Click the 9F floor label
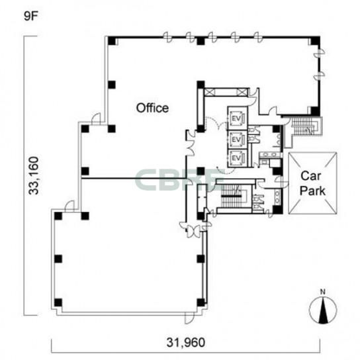tap(30, 16)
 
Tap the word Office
tap(152, 108)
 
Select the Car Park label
tap(312, 183)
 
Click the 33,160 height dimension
tap(34, 175)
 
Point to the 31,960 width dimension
tap(186, 343)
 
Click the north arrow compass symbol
tap(323, 310)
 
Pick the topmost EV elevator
tap(236, 119)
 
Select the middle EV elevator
tap(236, 140)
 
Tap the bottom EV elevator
tap(236, 158)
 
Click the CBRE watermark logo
tap(177, 179)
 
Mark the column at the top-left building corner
tap(112, 41)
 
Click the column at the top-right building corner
tap(315, 40)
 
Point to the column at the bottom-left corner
tap(58, 302)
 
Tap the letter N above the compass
tap(323, 292)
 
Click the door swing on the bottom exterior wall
tap(189, 319)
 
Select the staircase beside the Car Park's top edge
tap(304, 126)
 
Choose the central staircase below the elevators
tap(232, 197)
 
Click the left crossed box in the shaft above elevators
tap(210, 92)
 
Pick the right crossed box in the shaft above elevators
tap(242, 92)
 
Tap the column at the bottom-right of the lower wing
tap(201, 302)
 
